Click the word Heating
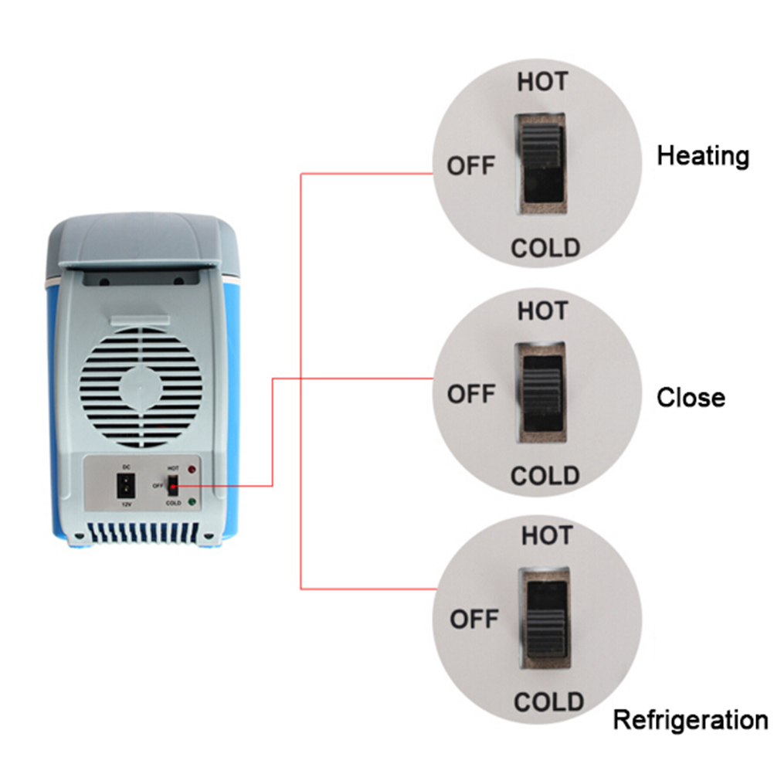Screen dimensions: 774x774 (703, 157)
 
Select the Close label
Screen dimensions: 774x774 (691, 397)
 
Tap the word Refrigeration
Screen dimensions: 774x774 (691, 720)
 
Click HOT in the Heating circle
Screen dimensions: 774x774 (542, 81)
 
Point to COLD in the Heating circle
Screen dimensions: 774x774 (545, 248)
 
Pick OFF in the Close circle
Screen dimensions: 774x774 (471, 394)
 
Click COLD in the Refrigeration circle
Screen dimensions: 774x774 (548, 701)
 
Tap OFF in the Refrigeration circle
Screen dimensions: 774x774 (474, 619)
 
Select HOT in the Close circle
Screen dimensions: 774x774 (542, 311)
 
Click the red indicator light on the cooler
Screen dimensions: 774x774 (192, 469)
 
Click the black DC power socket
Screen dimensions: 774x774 (126, 486)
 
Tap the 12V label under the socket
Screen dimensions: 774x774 (127, 504)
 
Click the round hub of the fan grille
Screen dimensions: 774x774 (141, 388)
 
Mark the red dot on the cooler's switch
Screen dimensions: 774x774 (173, 486)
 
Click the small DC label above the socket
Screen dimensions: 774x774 (127, 467)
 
